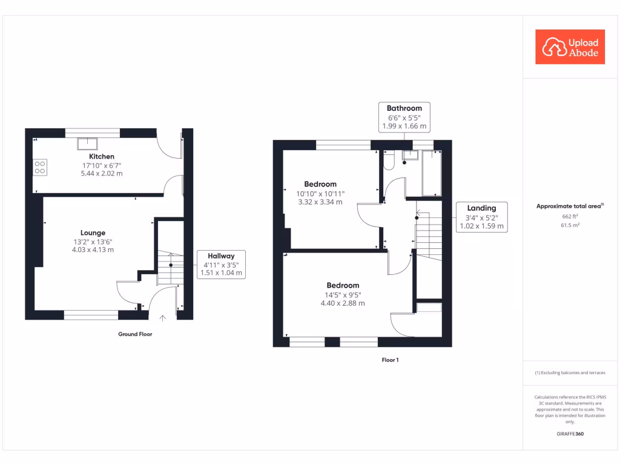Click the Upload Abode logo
click(570, 47)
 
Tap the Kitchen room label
click(102, 156)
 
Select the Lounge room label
click(93, 232)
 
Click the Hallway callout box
click(221, 264)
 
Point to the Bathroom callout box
click(404, 117)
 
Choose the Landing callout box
click(481, 217)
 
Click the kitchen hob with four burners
click(41, 167)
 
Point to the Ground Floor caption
click(135, 334)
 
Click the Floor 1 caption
click(390, 360)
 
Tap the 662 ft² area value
click(570, 216)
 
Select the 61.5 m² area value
click(570, 225)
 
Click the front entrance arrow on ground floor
click(162, 318)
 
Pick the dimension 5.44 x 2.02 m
click(102, 174)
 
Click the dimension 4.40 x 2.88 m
click(343, 303)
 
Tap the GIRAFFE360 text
click(570, 434)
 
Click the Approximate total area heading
click(570, 206)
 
